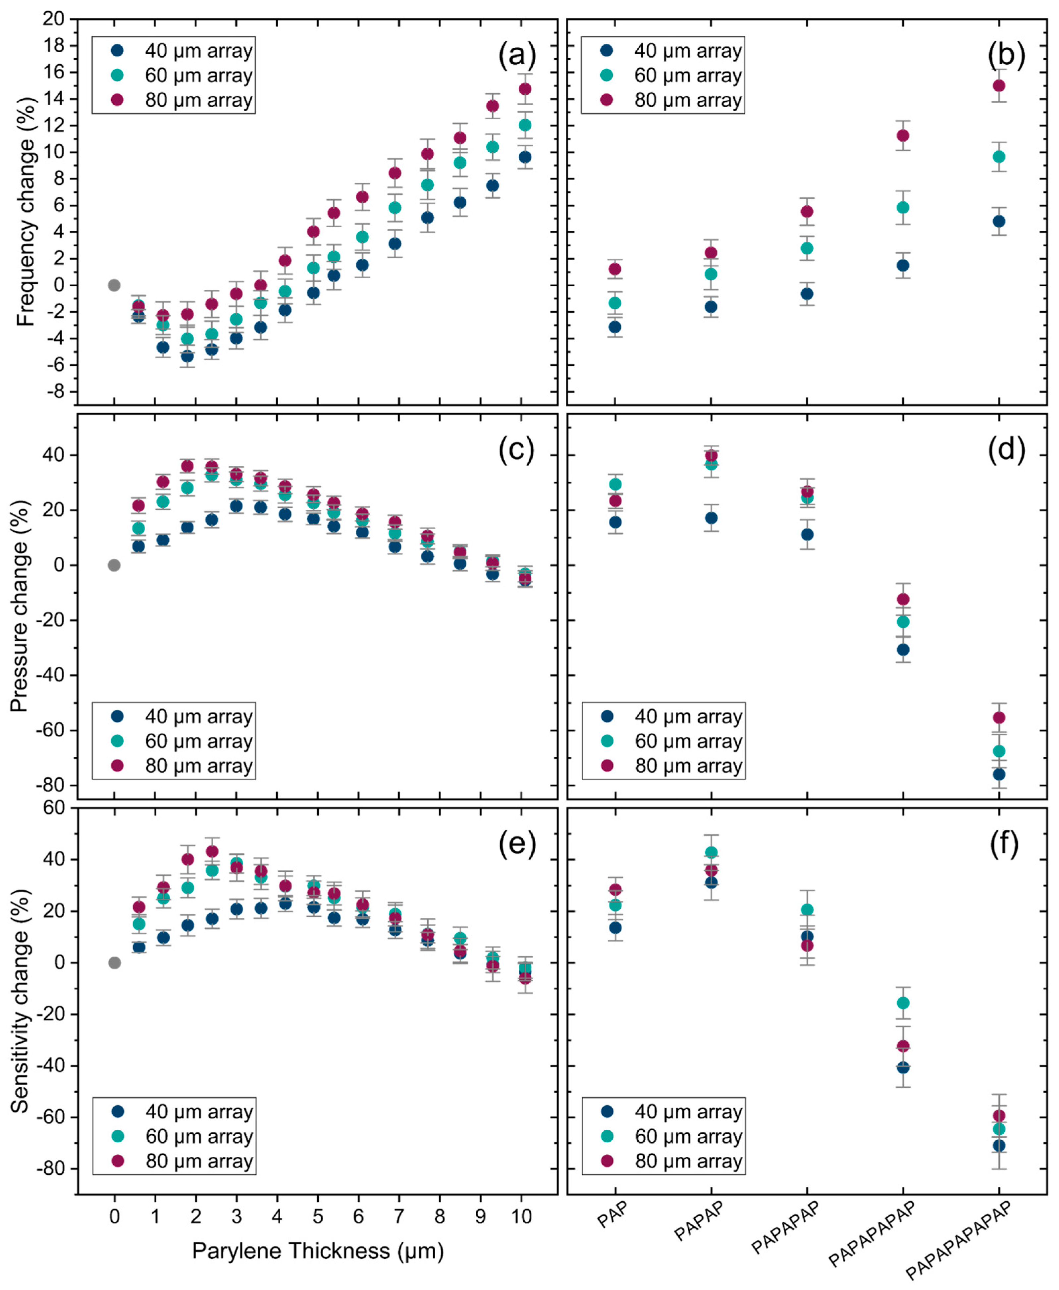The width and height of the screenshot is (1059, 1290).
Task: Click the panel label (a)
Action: pyautogui.click(x=517, y=56)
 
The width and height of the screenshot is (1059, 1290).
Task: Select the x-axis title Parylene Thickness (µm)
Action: pyautogui.click(x=318, y=1250)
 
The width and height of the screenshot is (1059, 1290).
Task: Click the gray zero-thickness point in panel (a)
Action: pyautogui.click(x=114, y=285)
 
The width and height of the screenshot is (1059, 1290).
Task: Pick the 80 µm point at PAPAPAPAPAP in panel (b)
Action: pyautogui.click(x=999, y=85)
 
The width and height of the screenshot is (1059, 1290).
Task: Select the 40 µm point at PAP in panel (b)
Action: pyautogui.click(x=615, y=327)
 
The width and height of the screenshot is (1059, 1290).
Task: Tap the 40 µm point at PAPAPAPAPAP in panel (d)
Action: pyautogui.click(x=999, y=774)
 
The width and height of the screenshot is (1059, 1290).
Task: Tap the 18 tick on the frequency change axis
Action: pyautogui.click(x=53, y=45)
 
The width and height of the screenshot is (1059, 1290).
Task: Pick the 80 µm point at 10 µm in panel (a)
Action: pyautogui.click(x=525, y=89)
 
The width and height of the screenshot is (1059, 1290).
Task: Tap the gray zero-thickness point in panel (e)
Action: pyautogui.click(x=114, y=962)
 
